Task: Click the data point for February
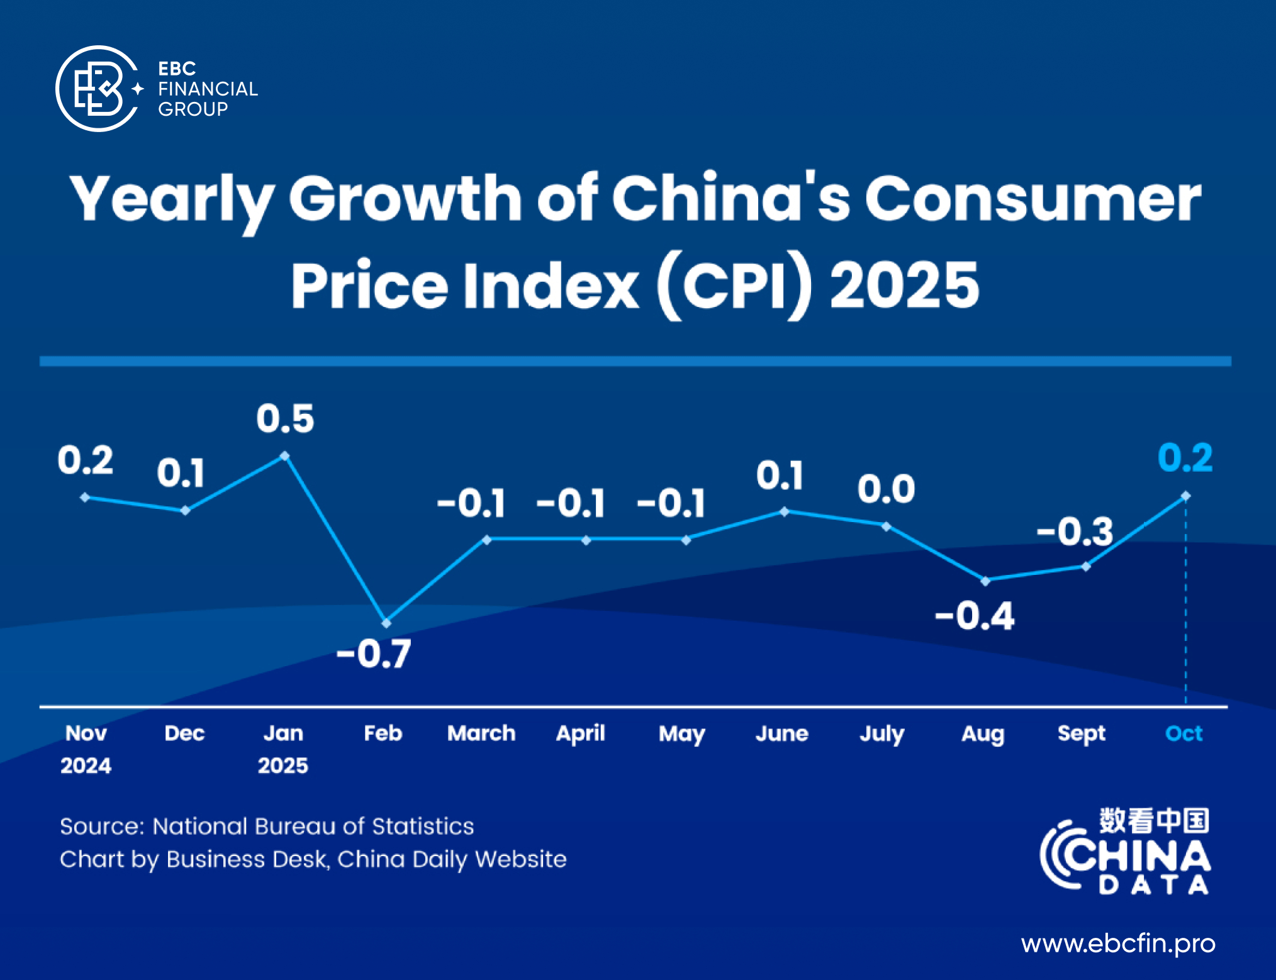click(x=386, y=623)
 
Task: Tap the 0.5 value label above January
click(x=285, y=419)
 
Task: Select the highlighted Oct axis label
click(x=1184, y=733)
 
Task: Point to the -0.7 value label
click(x=374, y=654)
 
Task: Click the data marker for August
click(x=985, y=581)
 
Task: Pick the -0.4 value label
click(x=975, y=616)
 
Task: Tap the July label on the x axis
click(x=882, y=734)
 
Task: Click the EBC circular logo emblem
click(x=98, y=89)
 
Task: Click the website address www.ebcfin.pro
click(x=1118, y=944)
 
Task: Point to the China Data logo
click(x=1126, y=852)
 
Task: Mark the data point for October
click(x=1185, y=496)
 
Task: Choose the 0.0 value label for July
click(x=886, y=489)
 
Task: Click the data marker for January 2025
click(x=284, y=456)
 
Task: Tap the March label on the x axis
click(x=481, y=733)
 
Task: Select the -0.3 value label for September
click(x=1075, y=532)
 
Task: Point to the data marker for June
click(x=784, y=511)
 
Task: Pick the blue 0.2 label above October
click(x=1185, y=458)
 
